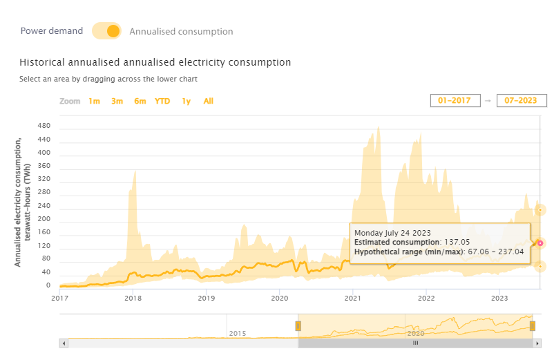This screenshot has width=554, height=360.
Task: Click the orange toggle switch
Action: (106, 31)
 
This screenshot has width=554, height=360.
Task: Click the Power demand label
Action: (52, 31)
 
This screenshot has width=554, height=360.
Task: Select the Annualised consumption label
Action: (181, 32)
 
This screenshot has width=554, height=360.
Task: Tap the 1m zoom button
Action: (94, 101)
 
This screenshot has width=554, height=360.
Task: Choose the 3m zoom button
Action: (117, 101)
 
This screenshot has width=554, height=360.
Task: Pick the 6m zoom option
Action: (140, 101)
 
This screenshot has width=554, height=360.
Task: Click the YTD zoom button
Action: (162, 101)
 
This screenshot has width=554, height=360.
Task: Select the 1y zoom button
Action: (186, 101)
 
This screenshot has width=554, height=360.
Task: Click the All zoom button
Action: (208, 101)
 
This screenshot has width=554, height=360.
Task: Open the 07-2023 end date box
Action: (522, 101)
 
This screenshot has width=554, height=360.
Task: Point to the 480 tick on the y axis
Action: (44, 126)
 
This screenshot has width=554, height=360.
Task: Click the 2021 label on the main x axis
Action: (353, 299)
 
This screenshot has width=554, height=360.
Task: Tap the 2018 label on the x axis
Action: (133, 299)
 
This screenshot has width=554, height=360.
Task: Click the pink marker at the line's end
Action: (540, 243)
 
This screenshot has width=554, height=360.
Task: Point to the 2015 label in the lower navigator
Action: (238, 333)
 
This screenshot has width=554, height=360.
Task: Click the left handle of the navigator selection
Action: (298, 325)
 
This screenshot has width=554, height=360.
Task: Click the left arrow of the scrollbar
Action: (64, 343)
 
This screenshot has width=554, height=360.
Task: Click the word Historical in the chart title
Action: (44, 62)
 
